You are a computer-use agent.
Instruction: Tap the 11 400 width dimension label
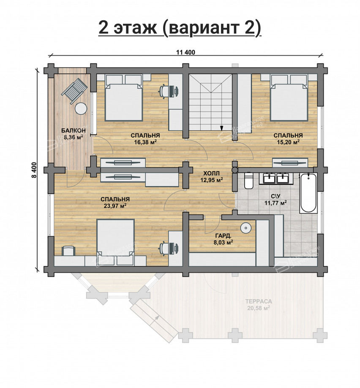point(185,52)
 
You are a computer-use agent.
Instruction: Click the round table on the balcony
point(81,109)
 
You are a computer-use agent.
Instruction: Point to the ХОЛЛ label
point(211,173)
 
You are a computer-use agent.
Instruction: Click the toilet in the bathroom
point(248,180)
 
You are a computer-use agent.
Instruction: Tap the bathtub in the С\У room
point(307,193)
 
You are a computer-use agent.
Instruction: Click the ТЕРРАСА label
point(258,301)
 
